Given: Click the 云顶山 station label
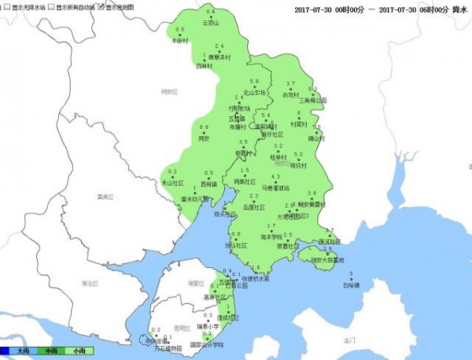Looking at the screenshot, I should click(x=211, y=23).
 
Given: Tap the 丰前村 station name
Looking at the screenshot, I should click(x=180, y=41).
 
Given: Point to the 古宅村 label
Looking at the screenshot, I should click(x=291, y=94).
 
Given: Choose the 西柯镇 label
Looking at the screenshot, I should click(x=209, y=183).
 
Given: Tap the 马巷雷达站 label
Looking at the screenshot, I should click(x=275, y=188).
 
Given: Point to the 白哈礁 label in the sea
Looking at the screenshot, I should click(x=351, y=285).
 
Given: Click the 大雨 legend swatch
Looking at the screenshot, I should click(x=16, y=351).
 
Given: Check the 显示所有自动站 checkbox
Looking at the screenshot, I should click(x=51, y=6).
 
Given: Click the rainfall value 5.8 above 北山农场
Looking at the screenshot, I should click(x=253, y=82).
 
